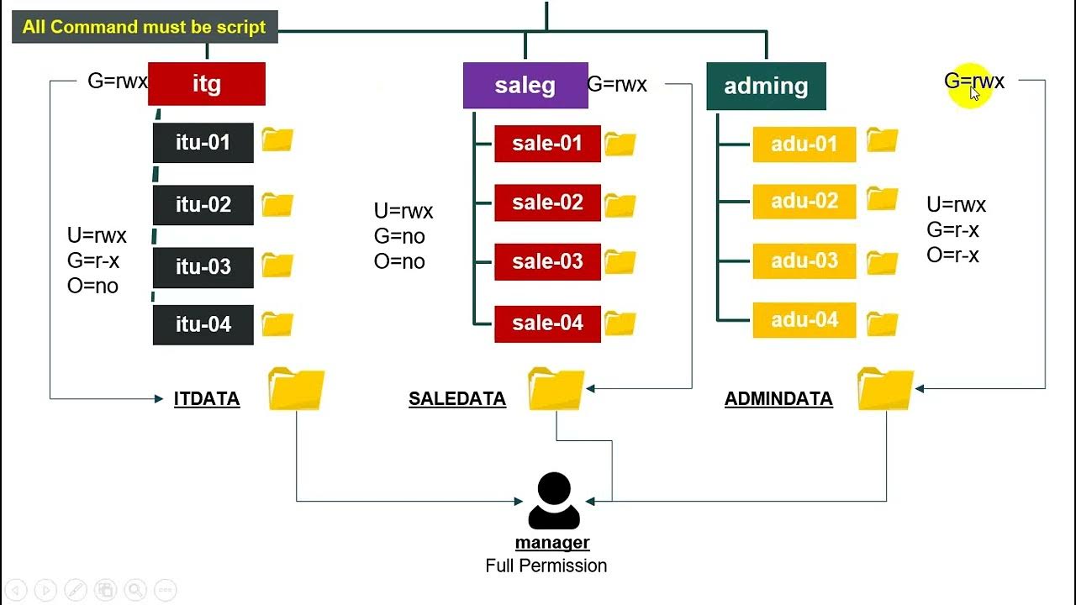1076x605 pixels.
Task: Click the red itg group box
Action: [x=207, y=83]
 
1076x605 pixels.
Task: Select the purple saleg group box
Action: [x=525, y=86]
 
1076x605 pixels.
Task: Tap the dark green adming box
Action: [x=766, y=86]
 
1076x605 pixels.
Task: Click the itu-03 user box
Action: [x=203, y=267]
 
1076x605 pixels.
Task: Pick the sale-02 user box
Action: [x=547, y=203]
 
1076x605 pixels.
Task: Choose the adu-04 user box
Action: [x=804, y=320]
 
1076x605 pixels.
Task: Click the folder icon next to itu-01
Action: [x=277, y=139]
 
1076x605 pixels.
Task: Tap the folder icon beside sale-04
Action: [x=620, y=324]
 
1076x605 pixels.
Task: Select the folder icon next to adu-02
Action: [x=883, y=199]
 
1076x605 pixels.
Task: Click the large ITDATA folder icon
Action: [x=297, y=389]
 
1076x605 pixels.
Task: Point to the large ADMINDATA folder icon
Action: [x=886, y=389]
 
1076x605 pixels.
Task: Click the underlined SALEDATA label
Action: [x=457, y=399]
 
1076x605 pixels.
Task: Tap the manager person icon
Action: [x=554, y=501]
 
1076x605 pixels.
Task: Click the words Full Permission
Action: [x=546, y=566]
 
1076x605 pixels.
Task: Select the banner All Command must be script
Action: [x=145, y=27]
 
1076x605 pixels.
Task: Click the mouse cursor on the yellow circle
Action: [x=974, y=92]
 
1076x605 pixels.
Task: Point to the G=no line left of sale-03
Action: [x=399, y=236]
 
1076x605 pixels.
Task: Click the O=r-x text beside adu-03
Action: [x=952, y=255]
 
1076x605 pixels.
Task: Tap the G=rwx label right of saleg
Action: [x=617, y=85]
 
